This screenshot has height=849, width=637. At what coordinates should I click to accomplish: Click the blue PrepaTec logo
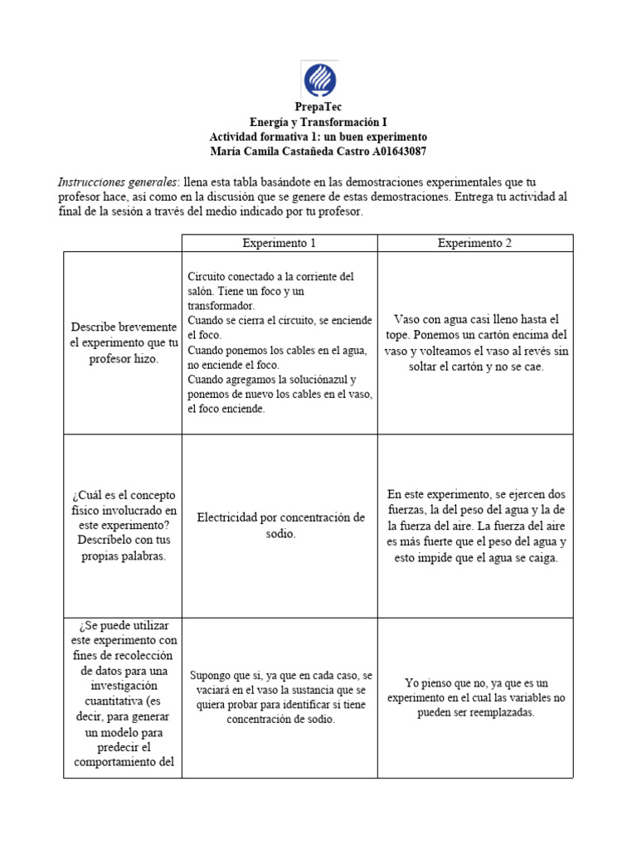pos(318,79)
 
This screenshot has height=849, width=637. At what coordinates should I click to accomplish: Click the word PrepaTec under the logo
pos(318,107)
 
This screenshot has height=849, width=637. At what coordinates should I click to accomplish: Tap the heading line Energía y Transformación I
pos(318,122)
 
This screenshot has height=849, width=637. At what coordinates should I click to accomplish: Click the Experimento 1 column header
pos(279,243)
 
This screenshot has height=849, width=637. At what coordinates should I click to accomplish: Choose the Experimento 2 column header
pos(474,243)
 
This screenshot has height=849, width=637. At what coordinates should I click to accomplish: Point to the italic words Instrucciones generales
pos(117,182)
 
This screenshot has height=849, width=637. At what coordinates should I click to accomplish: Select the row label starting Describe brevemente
pos(123,327)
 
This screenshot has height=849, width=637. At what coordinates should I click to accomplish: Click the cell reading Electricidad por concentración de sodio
pos(280,525)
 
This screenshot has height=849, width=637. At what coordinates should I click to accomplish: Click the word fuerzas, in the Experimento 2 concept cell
pos(408,510)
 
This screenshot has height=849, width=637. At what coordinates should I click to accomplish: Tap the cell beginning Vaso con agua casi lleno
pos(474,342)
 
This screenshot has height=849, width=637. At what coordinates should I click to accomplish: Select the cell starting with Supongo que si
pos(280,697)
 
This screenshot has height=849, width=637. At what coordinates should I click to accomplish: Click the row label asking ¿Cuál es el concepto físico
pos(123,525)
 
